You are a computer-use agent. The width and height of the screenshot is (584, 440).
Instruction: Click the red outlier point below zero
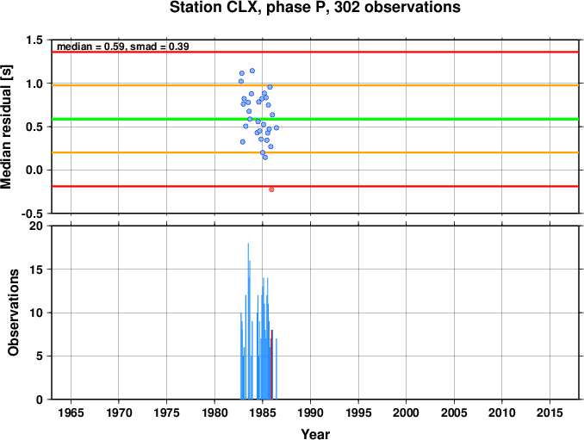[271, 189]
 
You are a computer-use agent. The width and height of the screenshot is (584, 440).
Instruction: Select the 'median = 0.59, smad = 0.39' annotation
[123, 46]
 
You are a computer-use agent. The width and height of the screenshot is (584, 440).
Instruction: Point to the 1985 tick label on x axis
[262, 412]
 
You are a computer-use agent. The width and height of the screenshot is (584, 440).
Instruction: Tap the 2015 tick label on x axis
[550, 412]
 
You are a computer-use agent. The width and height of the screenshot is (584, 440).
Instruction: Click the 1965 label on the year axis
[71, 412]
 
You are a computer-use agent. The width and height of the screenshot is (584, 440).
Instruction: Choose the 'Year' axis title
[315, 434]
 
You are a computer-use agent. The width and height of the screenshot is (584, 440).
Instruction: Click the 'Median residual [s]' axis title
[7, 127]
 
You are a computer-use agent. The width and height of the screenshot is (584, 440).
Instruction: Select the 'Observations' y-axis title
[14, 313]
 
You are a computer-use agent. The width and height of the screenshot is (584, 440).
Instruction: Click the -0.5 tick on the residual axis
[32, 214]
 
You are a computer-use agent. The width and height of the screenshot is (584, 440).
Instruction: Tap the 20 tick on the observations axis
[36, 226]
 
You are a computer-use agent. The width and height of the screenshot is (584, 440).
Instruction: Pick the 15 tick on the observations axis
[36, 270]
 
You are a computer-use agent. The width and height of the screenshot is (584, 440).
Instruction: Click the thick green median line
[315, 119]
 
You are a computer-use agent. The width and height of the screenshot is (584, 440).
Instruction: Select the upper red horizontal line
[315, 52]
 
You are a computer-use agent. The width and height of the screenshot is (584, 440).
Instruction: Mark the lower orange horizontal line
[315, 152]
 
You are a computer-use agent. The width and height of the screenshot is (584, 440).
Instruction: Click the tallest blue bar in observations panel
[248, 321]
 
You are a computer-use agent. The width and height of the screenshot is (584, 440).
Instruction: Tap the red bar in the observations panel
[272, 364]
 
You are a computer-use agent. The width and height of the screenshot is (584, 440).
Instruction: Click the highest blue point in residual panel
[252, 71]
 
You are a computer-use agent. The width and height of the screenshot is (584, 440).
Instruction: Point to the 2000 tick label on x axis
[406, 412]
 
